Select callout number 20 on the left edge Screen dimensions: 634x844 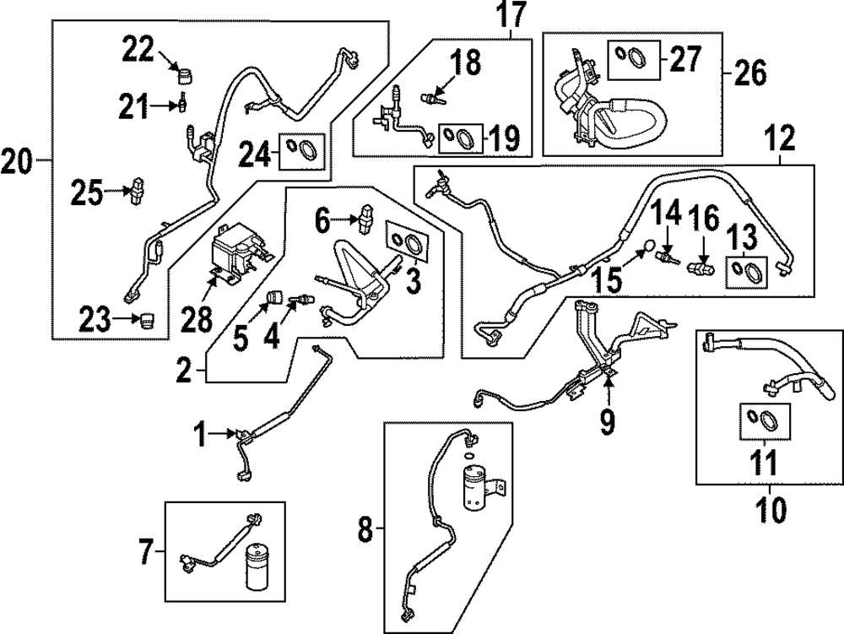coord(18,159)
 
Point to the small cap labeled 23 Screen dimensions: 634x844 coord(149,320)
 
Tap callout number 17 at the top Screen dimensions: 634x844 coord(510,14)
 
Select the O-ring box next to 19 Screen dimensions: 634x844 coord(460,136)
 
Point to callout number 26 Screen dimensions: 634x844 coord(749,73)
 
